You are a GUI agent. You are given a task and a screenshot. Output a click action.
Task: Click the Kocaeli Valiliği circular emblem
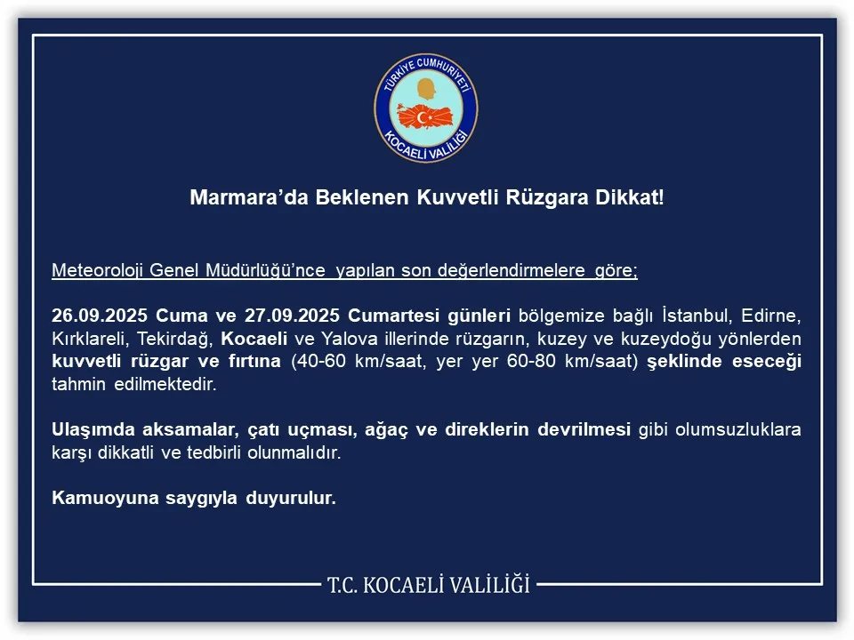coord(426,108)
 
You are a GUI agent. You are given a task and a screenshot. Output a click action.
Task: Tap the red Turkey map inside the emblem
coord(426,116)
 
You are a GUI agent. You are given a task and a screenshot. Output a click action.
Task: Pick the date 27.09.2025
coord(293,317)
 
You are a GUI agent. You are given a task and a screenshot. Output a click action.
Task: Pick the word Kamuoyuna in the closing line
coord(99,498)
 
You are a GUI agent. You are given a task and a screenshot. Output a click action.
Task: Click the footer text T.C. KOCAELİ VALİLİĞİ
coord(428,585)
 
